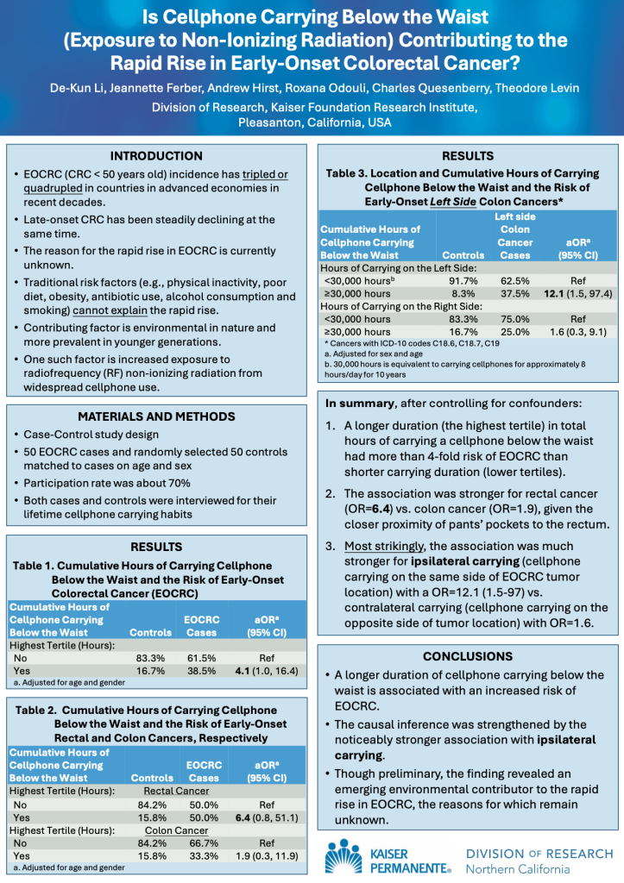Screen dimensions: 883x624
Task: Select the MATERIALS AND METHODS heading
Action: (157, 416)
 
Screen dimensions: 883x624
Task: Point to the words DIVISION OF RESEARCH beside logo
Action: (539, 854)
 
